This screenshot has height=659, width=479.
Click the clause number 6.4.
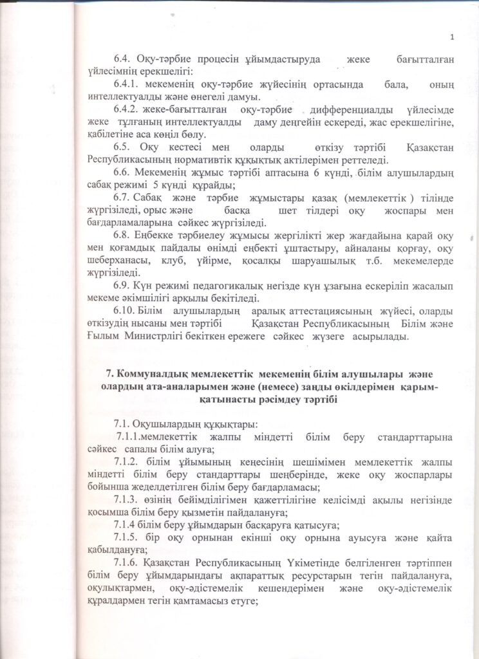coord(122,60)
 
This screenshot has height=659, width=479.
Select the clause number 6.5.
coord(122,147)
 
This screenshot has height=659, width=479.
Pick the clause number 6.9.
coord(122,284)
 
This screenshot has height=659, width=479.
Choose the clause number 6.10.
coord(124,309)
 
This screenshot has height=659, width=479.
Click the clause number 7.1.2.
coord(127,461)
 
